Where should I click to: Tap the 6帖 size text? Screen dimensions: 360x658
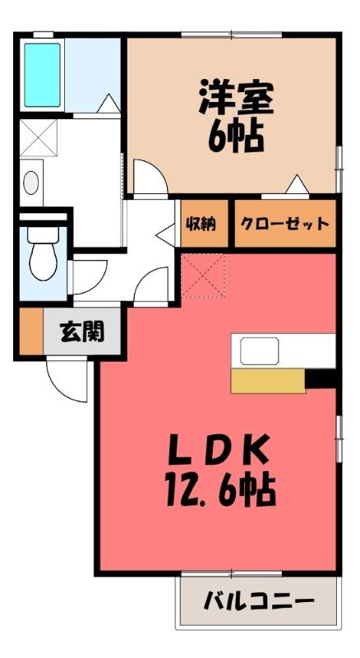click(236, 137)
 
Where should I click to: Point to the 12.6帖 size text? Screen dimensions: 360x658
click(220, 490)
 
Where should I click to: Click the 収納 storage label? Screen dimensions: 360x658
click(201, 224)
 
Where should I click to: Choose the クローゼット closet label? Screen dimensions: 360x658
click(284, 224)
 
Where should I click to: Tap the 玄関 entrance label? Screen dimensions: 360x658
click(82, 332)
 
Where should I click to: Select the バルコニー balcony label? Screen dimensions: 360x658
click(259, 602)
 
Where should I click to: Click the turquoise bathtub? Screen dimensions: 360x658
click(42, 75)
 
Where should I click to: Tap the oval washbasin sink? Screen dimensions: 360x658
click(31, 183)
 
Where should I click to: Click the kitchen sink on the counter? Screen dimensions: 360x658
click(260, 351)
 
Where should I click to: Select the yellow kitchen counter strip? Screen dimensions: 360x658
click(268, 381)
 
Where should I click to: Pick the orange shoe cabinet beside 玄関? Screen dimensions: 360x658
click(31, 331)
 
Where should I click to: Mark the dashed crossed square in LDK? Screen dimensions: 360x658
click(203, 276)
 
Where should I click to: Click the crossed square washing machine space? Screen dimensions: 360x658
click(38, 138)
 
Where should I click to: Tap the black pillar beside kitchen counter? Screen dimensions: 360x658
click(321, 379)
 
